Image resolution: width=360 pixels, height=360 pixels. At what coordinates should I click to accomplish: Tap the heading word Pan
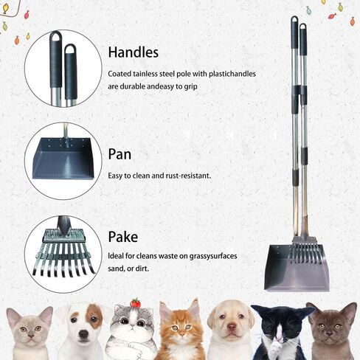120,154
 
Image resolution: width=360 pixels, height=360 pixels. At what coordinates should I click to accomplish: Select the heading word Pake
122,237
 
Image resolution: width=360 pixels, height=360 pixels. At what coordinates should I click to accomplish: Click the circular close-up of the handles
63,68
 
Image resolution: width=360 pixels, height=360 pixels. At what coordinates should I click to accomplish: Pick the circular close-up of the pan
63,161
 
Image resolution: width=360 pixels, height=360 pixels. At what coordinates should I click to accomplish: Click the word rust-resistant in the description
187,176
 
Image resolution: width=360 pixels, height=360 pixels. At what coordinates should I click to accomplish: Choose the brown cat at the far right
331,332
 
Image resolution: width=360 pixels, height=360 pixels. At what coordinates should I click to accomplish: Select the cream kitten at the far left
29,333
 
